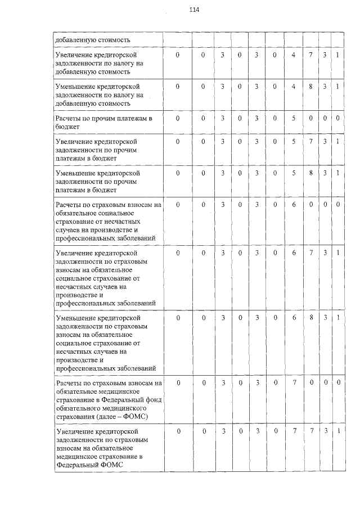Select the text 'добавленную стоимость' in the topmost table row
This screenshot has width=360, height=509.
(x=93, y=40)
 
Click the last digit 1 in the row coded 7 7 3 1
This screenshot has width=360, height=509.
(x=337, y=431)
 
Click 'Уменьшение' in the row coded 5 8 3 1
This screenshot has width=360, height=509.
(x=74, y=173)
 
